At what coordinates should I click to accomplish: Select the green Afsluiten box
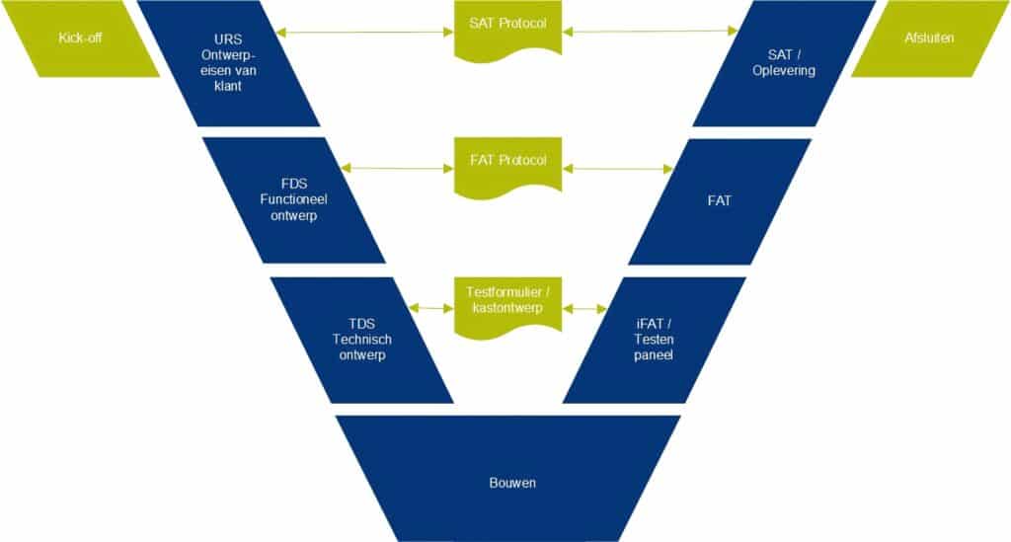[x=928, y=39]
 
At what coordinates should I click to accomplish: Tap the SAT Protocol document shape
[x=507, y=26]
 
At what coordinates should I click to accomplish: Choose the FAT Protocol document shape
[x=507, y=163]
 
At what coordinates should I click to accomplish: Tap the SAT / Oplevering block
[x=785, y=63]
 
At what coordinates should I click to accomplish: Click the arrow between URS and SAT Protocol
[x=364, y=33]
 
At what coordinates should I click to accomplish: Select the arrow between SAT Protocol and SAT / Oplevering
[x=652, y=33]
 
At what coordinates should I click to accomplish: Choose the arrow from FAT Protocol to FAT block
[x=618, y=168]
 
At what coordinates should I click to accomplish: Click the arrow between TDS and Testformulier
[x=433, y=308]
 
